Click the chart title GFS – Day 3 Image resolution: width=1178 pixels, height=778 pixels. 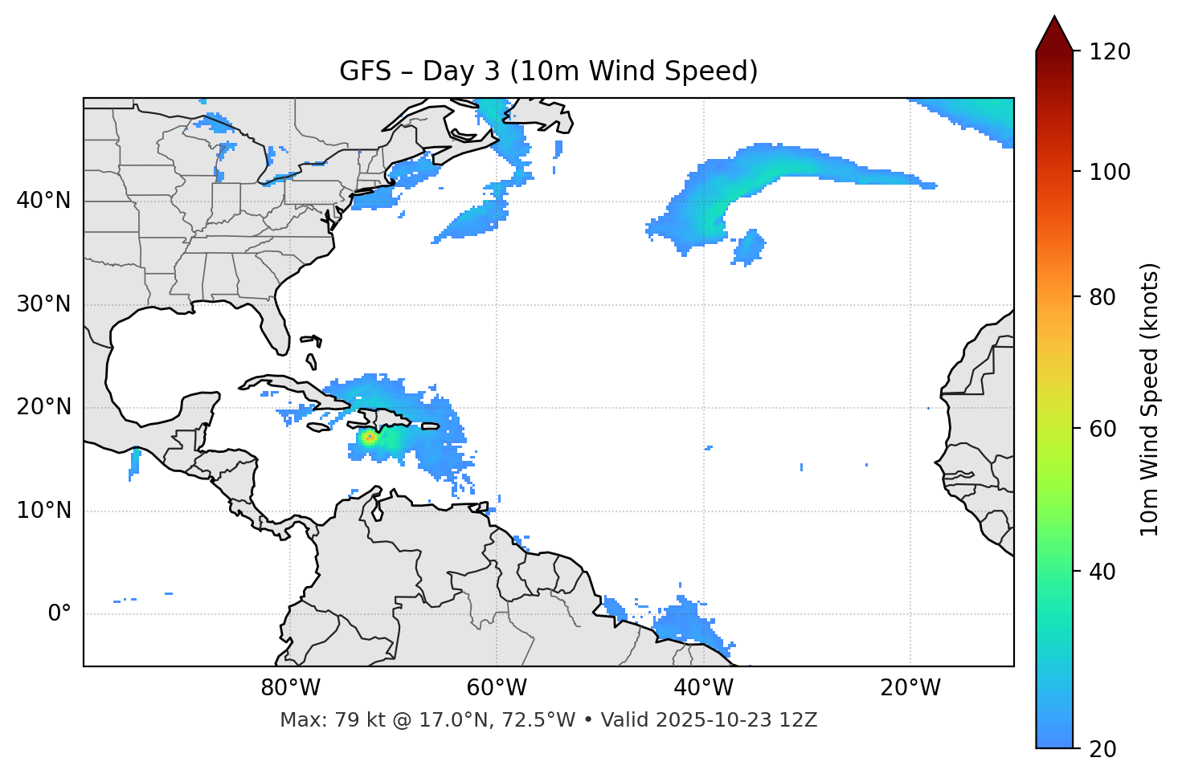pos(548,71)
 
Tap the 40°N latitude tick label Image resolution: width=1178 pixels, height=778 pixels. pos(43,201)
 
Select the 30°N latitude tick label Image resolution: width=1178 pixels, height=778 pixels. pos(43,304)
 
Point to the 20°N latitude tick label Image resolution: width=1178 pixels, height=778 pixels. pos(43,407)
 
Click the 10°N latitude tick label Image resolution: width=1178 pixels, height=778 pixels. pos(43,511)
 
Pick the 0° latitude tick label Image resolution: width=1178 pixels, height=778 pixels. pos(59,614)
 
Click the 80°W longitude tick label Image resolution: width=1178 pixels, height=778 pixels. pos(290,688)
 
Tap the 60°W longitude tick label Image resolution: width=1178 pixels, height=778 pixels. pos(497,688)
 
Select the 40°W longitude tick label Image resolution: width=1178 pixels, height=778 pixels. pos(703,688)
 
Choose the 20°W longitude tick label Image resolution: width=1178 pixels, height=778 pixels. pos(910,688)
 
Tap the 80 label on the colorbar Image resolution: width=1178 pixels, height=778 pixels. pos(1103,297)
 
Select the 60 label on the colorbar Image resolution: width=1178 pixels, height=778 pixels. pos(1103,429)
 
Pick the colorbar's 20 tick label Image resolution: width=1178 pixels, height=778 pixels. pos(1103,749)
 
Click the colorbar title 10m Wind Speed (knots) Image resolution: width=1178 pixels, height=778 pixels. pos(1150,399)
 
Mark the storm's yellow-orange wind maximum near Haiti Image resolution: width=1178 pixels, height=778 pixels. pos(369,438)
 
